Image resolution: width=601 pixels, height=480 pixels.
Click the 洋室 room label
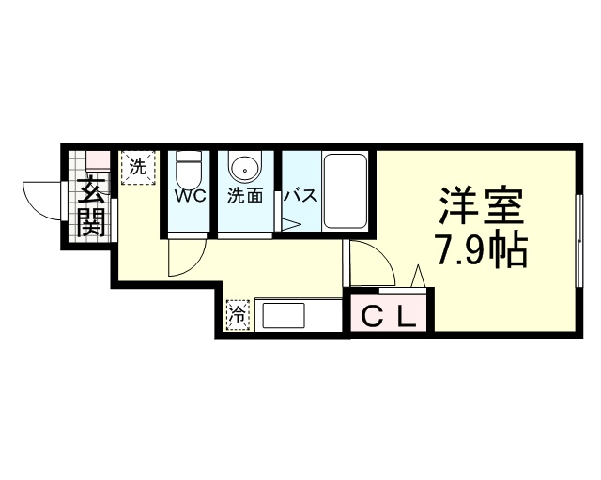tap(482, 206)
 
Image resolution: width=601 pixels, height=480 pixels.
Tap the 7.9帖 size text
tap(481, 249)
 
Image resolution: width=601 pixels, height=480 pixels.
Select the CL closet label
tap(389, 317)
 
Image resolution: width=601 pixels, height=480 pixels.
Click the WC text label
tap(191, 196)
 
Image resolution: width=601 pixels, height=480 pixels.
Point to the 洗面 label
tap(245, 196)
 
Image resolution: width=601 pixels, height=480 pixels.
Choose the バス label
tap(300, 196)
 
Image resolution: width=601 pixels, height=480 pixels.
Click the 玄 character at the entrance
tap(91, 190)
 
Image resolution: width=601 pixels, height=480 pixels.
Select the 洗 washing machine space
tap(138, 168)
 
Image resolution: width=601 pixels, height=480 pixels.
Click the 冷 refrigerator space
tap(238, 315)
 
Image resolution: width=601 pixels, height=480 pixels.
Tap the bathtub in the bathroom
tap(345, 191)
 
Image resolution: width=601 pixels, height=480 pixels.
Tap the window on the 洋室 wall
tap(579, 240)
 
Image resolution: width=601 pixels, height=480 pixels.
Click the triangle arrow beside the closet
tap(418, 276)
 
